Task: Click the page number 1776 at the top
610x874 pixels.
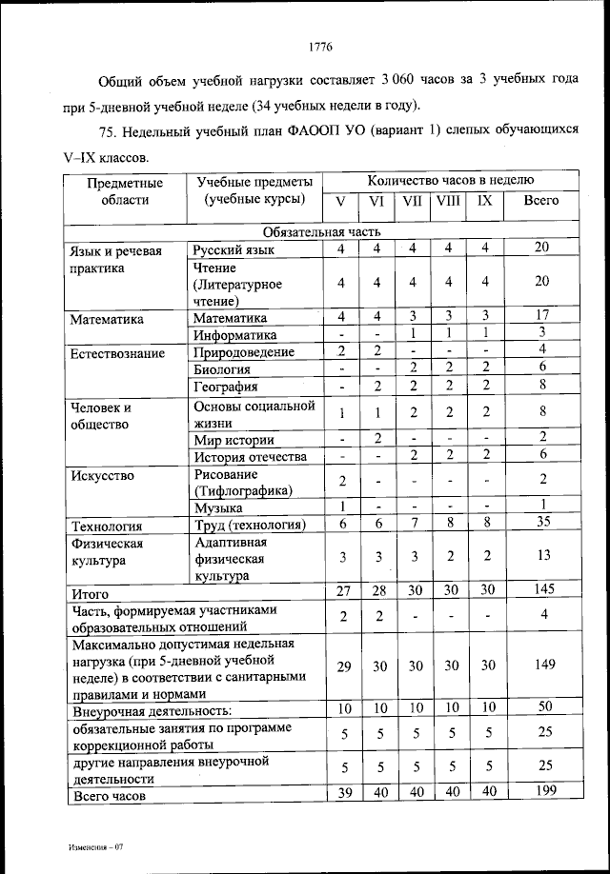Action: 320,46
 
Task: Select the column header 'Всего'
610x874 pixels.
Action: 541,201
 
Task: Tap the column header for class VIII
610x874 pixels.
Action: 448,201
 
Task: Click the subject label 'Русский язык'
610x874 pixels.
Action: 233,249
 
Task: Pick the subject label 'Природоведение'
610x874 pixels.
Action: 243,352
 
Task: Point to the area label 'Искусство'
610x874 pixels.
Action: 102,474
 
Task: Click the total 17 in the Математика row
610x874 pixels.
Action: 541,317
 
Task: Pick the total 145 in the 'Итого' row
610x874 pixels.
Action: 541,591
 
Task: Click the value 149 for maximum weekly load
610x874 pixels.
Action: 541,665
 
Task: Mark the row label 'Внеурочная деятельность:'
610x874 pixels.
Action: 152,710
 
